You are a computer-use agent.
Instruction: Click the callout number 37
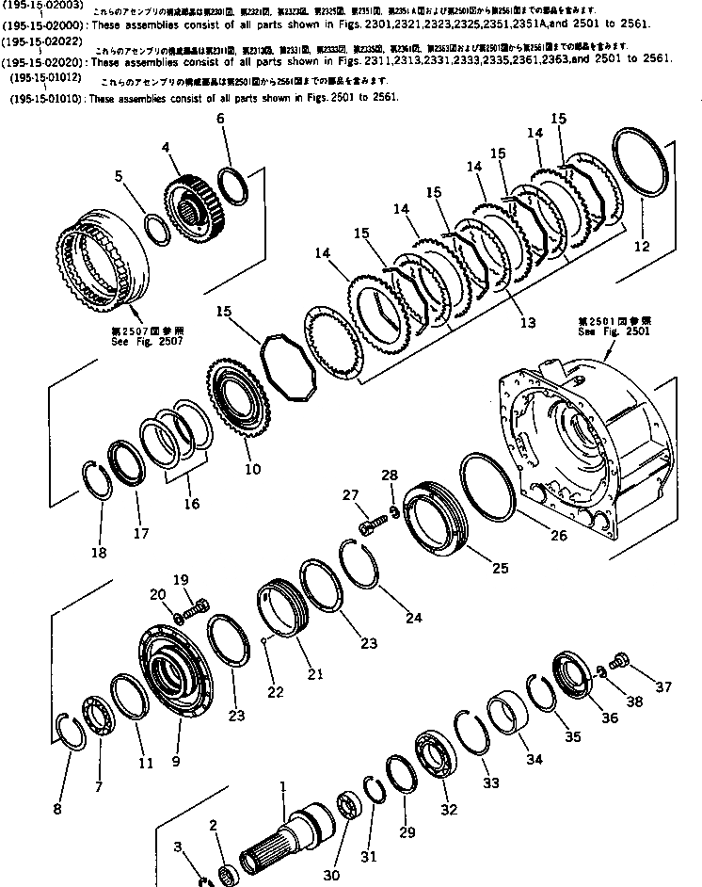click(x=664, y=686)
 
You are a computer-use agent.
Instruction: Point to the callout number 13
click(x=528, y=322)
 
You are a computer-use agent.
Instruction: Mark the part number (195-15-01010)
click(x=43, y=98)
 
